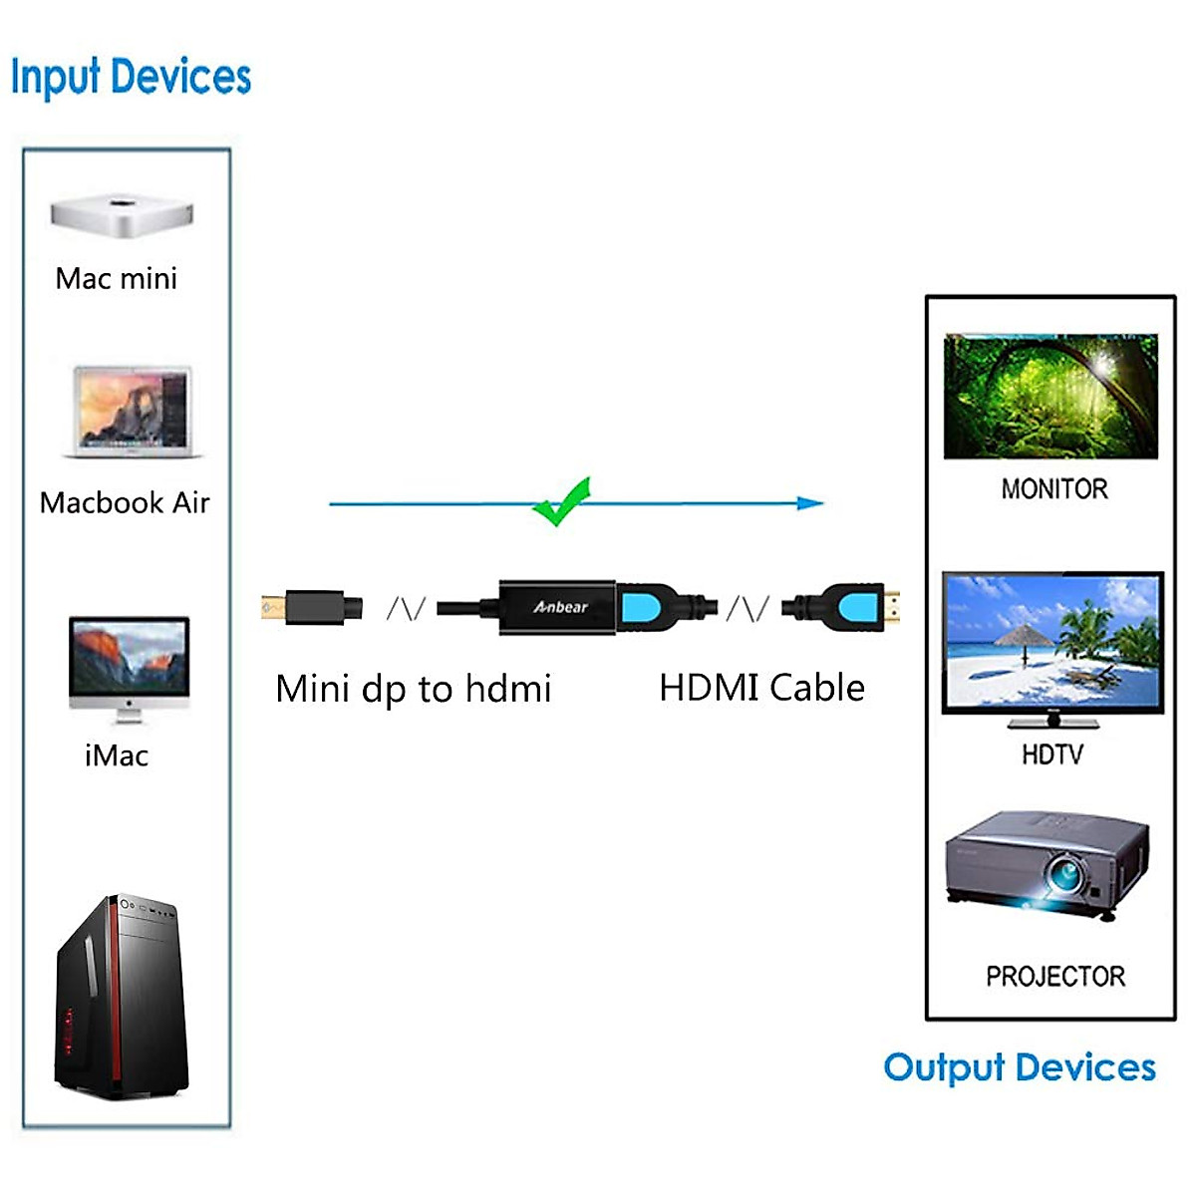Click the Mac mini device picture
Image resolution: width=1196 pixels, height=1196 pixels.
(121, 216)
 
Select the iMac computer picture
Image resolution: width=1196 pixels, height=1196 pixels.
(129, 666)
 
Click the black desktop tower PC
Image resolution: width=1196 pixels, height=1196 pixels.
(123, 997)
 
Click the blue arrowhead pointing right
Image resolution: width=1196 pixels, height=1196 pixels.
(811, 503)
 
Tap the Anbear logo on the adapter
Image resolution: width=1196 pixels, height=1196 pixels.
(560, 606)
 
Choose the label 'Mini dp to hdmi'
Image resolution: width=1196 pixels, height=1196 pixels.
(413, 689)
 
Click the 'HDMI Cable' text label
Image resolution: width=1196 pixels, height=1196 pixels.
(761, 688)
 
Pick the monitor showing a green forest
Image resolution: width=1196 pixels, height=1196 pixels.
(1050, 396)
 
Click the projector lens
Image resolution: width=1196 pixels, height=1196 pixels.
(1064, 876)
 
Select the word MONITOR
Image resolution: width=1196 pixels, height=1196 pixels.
(1054, 488)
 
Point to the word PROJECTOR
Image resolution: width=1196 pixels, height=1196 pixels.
(1054, 976)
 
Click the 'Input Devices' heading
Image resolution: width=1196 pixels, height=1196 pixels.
(131, 77)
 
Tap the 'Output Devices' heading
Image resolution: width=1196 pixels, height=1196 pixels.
(1019, 1067)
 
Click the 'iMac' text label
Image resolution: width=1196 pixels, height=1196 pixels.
(117, 755)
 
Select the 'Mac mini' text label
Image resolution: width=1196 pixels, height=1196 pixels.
(117, 278)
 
